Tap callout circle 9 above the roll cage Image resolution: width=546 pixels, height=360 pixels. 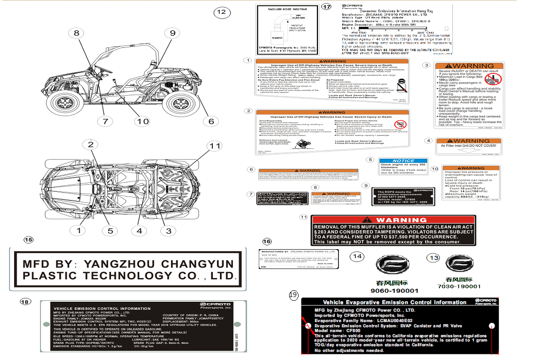click(x=173, y=33)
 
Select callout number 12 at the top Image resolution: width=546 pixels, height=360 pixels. click(x=221, y=12)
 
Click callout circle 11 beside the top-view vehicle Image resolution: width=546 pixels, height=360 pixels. click(x=215, y=146)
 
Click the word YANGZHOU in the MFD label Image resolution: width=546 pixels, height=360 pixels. click(x=118, y=264)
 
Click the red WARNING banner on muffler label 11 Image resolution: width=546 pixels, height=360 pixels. click(x=393, y=220)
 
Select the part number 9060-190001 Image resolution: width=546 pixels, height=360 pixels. click(x=394, y=291)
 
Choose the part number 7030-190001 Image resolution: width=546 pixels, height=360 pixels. click(x=459, y=286)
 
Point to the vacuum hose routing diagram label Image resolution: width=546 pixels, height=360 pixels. click(x=286, y=30)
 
